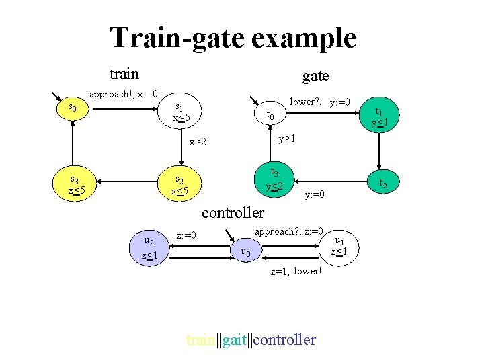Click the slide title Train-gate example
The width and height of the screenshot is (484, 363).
pyautogui.click(x=233, y=38)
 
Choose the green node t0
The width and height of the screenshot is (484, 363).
pyautogui.click(x=270, y=115)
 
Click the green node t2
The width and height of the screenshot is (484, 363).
pyautogui.click(x=382, y=183)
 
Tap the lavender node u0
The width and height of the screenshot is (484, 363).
pyautogui.click(x=245, y=252)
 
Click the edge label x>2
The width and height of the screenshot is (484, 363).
pyautogui.click(x=197, y=142)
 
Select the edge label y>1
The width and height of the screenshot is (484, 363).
pyautogui.click(x=288, y=138)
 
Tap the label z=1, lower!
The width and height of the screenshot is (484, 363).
pyautogui.click(x=296, y=272)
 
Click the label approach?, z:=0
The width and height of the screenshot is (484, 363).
pyautogui.click(x=289, y=230)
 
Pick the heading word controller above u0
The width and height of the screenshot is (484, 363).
pyautogui.click(x=233, y=212)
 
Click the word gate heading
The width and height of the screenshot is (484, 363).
pyautogui.click(x=315, y=76)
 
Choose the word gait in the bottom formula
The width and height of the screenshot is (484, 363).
pyautogui.click(x=234, y=339)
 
